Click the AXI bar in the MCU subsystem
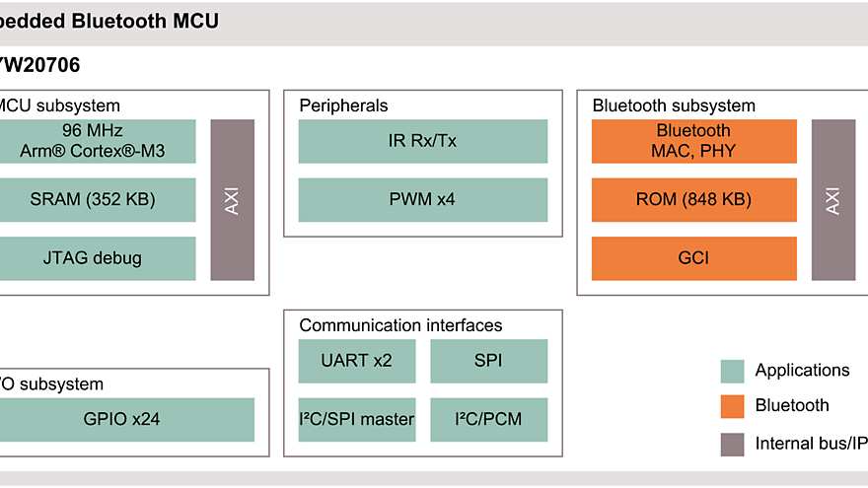[x=233, y=199]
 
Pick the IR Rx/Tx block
[x=422, y=141]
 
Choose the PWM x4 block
[x=422, y=199]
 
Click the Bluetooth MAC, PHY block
[x=693, y=141]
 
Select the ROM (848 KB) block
[x=693, y=199]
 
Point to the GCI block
[x=693, y=258]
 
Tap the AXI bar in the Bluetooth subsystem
[x=833, y=199]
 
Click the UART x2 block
[x=357, y=361]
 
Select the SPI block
[x=488, y=361]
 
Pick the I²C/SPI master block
[x=357, y=420]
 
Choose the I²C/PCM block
[x=488, y=420]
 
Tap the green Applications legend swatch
[x=732, y=371]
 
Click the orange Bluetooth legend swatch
[x=732, y=406]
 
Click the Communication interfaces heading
[x=400, y=325]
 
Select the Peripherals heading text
[x=343, y=105]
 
